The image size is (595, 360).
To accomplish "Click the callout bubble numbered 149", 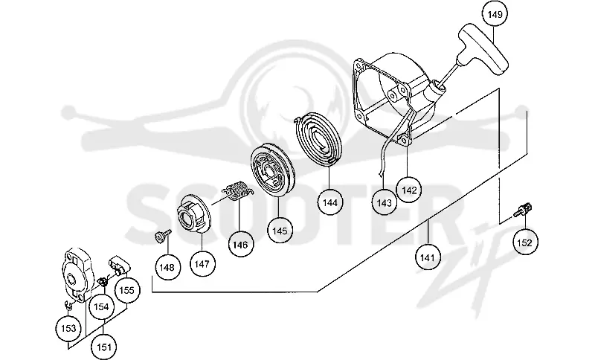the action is pyautogui.click(x=495, y=14).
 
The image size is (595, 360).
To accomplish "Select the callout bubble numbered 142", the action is pyautogui.click(x=408, y=190).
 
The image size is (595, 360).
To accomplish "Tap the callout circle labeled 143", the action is pyautogui.click(x=384, y=202).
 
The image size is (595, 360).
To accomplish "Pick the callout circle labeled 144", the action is pyautogui.click(x=329, y=202).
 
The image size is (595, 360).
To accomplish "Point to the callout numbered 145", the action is pyautogui.click(x=280, y=231).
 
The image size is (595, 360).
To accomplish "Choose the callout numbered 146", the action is pyautogui.click(x=240, y=244).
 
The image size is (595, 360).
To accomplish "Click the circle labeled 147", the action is pyautogui.click(x=202, y=263).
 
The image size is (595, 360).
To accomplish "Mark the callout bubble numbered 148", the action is pyautogui.click(x=167, y=268).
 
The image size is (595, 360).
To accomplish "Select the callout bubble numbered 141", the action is pyautogui.click(x=427, y=257).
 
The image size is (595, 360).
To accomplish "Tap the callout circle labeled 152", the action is pyautogui.click(x=525, y=242).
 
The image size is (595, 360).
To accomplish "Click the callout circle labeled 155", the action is pyautogui.click(x=126, y=290).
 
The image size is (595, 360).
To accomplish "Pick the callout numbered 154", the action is pyautogui.click(x=101, y=306).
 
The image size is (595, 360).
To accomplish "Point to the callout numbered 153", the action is pyautogui.click(x=68, y=328).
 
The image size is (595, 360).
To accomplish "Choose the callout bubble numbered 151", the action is pyautogui.click(x=104, y=347).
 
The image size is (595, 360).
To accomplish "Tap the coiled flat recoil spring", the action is pyautogui.click(x=318, y=139).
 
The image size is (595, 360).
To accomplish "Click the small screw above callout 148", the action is pyautogui.click(x=163, y=235).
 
